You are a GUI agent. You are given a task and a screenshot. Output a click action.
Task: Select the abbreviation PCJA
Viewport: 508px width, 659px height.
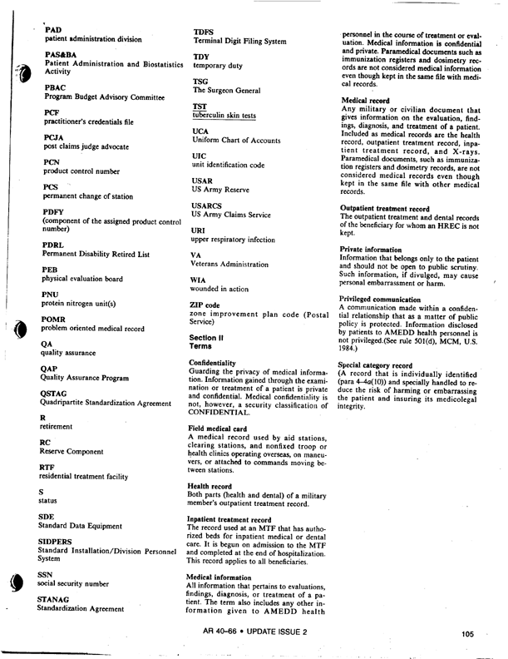click(54, 136)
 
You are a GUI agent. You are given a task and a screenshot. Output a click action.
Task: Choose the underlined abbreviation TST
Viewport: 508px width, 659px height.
click(200, 107)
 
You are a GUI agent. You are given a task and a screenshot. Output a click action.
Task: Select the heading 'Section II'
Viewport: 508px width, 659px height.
click(210, 334)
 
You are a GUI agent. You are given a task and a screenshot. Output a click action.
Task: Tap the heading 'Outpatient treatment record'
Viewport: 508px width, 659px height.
click(385, 207)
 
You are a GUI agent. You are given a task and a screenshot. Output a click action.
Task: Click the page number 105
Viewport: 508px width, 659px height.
click(465, 634)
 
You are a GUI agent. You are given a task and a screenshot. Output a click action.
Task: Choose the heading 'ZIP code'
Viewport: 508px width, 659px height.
click(205, 305)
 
